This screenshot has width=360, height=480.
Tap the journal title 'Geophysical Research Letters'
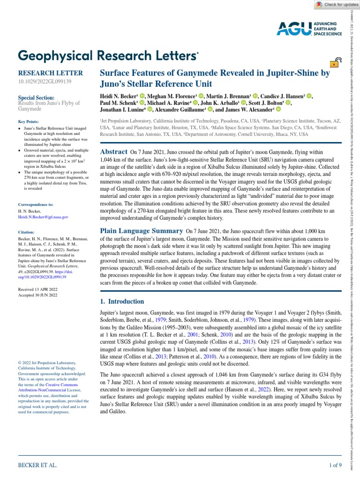coord(108,55)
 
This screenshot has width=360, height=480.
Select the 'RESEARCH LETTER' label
coord(50,73)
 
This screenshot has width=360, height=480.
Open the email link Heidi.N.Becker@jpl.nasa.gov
coord(43,217)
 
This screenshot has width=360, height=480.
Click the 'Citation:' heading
coord(27,232)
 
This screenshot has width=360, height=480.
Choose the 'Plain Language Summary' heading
coord(142,231)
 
